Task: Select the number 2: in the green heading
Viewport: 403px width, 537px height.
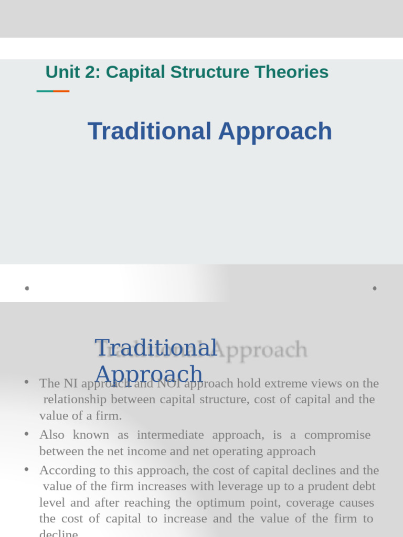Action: [91, 72]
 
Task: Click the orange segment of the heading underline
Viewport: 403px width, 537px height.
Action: [61, 91]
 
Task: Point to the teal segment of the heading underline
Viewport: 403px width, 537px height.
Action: [45, 91]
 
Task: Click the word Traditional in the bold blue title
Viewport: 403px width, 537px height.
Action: [150, 131]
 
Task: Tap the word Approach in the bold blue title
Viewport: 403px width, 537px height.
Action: [275, 131]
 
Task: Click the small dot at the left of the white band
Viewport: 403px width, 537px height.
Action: [27, 288]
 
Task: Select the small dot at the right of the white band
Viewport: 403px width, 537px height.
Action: [375, 288]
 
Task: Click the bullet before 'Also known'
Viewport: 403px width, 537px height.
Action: [27, 434]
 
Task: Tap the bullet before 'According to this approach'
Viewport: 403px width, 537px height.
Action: [27, 469]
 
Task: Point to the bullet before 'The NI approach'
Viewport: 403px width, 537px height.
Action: [27, 382]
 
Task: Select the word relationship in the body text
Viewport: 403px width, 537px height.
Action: [75, 400]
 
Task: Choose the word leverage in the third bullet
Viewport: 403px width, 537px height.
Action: [209, 486]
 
